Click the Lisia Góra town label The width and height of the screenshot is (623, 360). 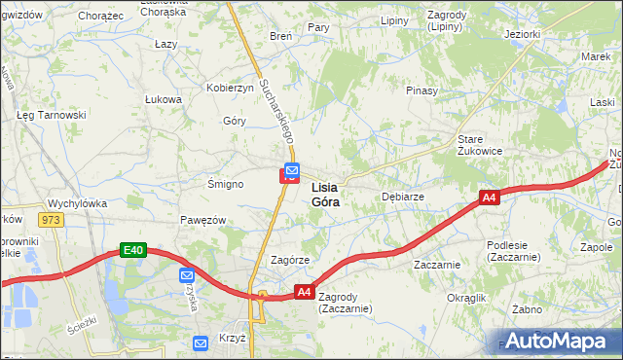(325, 195)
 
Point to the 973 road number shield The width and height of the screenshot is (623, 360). (51, 220)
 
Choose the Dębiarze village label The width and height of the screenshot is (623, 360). (402, 196)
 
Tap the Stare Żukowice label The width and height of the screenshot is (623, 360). (480, 145)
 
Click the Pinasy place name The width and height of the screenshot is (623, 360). (422, 90)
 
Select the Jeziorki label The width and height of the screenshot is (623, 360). (523, 34)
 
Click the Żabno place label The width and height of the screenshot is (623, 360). (527, 309)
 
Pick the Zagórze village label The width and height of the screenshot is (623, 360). (289, 261)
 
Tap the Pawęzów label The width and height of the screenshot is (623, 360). (202, 220)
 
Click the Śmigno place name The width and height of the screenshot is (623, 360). (225, 184)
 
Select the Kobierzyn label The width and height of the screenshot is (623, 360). (230, 88)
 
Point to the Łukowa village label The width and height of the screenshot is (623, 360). (164, 99)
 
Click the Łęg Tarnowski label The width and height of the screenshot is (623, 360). (52, 115)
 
